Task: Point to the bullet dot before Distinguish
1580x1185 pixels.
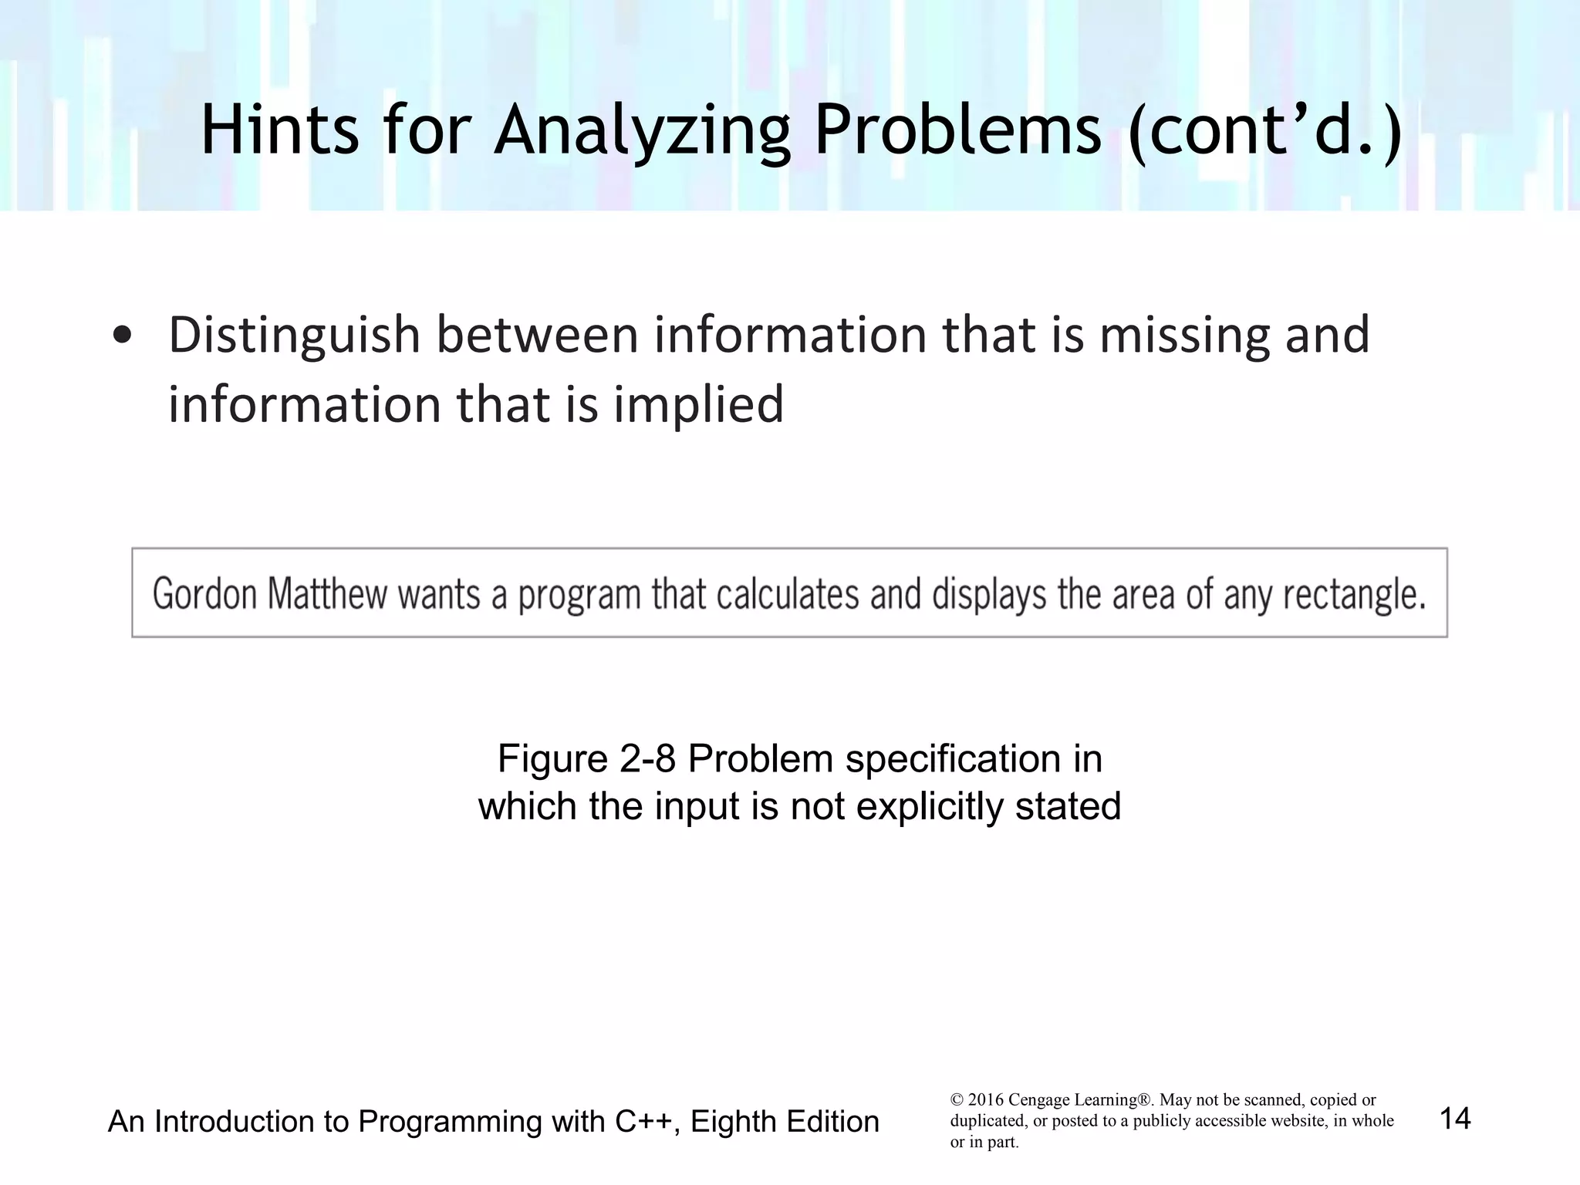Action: [121, 336]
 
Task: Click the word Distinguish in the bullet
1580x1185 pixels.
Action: [293, 336]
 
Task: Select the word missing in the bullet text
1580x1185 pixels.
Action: [1183, 336]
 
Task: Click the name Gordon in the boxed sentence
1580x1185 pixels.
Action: [204, 595]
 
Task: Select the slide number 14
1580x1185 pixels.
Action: [1455, 1119]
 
